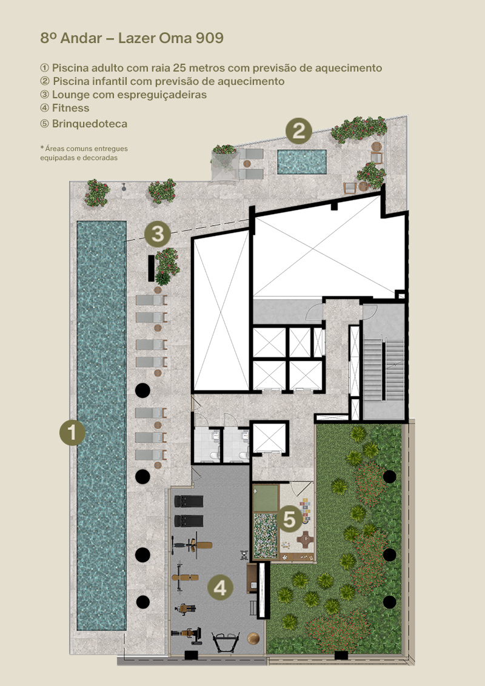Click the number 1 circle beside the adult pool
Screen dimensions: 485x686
[72, 432]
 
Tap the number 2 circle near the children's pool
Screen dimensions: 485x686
[299, 130]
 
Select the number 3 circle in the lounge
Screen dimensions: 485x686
[158, 234]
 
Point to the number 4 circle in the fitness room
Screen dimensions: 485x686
[220, 588]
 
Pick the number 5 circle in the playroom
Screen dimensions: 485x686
[290, 519]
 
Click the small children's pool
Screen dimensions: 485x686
[302, 162]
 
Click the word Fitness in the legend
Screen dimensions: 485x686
[70, 108]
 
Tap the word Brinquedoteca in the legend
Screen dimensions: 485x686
[90, 124]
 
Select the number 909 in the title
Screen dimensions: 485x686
[210, 38]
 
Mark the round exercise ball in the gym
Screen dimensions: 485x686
[253, 638]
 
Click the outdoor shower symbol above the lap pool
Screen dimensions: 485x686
[125, 187]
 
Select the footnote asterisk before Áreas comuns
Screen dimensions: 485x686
[42, 148]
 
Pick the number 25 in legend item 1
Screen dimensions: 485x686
[179, 68]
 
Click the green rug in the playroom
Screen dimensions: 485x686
[266, 498]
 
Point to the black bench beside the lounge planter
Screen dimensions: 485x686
[152, 268]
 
